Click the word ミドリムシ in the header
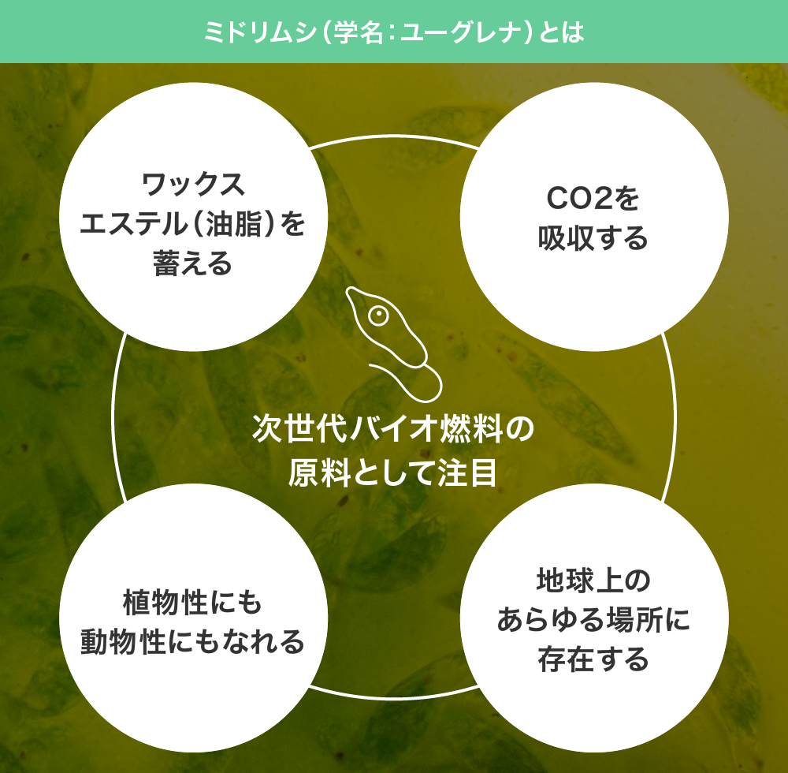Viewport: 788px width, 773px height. [x=260, y=32]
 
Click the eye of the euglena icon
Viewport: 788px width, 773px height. [x=378, y=316]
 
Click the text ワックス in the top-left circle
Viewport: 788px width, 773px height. [x=194, y=184]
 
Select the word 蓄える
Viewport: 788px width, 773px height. [x=193, y=263]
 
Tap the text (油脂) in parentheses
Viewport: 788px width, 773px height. [x=233, y=223]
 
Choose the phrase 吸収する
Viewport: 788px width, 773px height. [x=593, y=238]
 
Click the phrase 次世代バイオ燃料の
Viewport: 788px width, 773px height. [x=393, y=428]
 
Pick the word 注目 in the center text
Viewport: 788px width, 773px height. [x=466, y=472]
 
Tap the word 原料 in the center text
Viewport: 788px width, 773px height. [x=319, y=472]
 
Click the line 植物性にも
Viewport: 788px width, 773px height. [x=193, y=602]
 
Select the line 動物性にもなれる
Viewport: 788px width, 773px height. [x=193, y=642]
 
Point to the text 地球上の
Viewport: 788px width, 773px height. [x=593, y=580]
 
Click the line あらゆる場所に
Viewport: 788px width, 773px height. [x=593, y=620]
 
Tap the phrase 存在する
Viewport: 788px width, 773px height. [x=593, y=659]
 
